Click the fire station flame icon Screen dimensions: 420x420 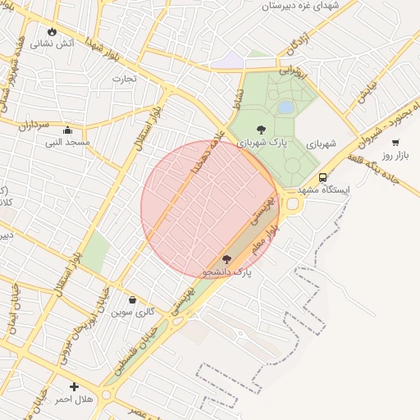(x=53, y=32)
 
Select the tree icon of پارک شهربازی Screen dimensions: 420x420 (x=261, y=129)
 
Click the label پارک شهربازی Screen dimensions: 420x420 (x=260, y=143)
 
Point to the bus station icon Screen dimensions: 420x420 (x=323, y=177)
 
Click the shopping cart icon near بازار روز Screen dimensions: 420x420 (x=395, y=142)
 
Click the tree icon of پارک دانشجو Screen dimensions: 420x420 (x=226, y=259)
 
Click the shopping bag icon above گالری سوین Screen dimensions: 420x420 (x=133, y=299)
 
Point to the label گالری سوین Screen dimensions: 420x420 (x=134, y=313)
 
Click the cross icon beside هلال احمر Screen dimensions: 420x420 (x=75, y=386)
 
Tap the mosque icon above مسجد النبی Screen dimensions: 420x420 (x=67, y=129)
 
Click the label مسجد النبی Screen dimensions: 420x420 (x=67, y=142)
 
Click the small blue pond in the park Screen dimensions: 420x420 (x=285, y=107)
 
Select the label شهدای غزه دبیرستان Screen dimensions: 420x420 (x=299, y=7)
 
